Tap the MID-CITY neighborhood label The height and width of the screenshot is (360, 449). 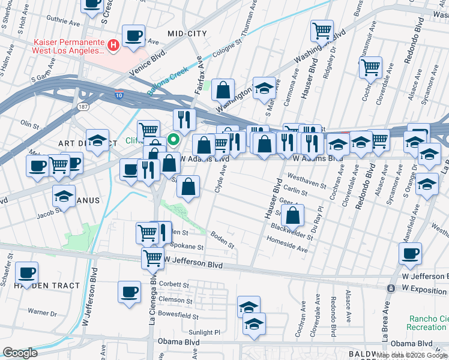(x=187, y=34)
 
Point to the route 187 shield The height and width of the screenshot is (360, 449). (x=83, y=106)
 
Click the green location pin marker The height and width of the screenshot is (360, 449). (x=174, y=140)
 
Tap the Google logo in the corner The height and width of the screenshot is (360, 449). (x=20, y=353)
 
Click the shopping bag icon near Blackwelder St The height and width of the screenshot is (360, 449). (x=292, y=215)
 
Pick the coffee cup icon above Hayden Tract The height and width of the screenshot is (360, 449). (x=27, y=273)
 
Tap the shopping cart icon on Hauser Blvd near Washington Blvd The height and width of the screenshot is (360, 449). (x=322, y=30)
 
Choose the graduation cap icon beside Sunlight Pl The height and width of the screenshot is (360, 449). (x=254, y=324)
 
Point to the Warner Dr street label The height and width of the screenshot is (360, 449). (x=42, y=313)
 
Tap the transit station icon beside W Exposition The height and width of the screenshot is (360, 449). (x=391, y=289)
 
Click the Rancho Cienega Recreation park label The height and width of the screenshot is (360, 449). (x=428, y=323)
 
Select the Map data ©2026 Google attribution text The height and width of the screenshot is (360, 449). (x=412, y=355)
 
